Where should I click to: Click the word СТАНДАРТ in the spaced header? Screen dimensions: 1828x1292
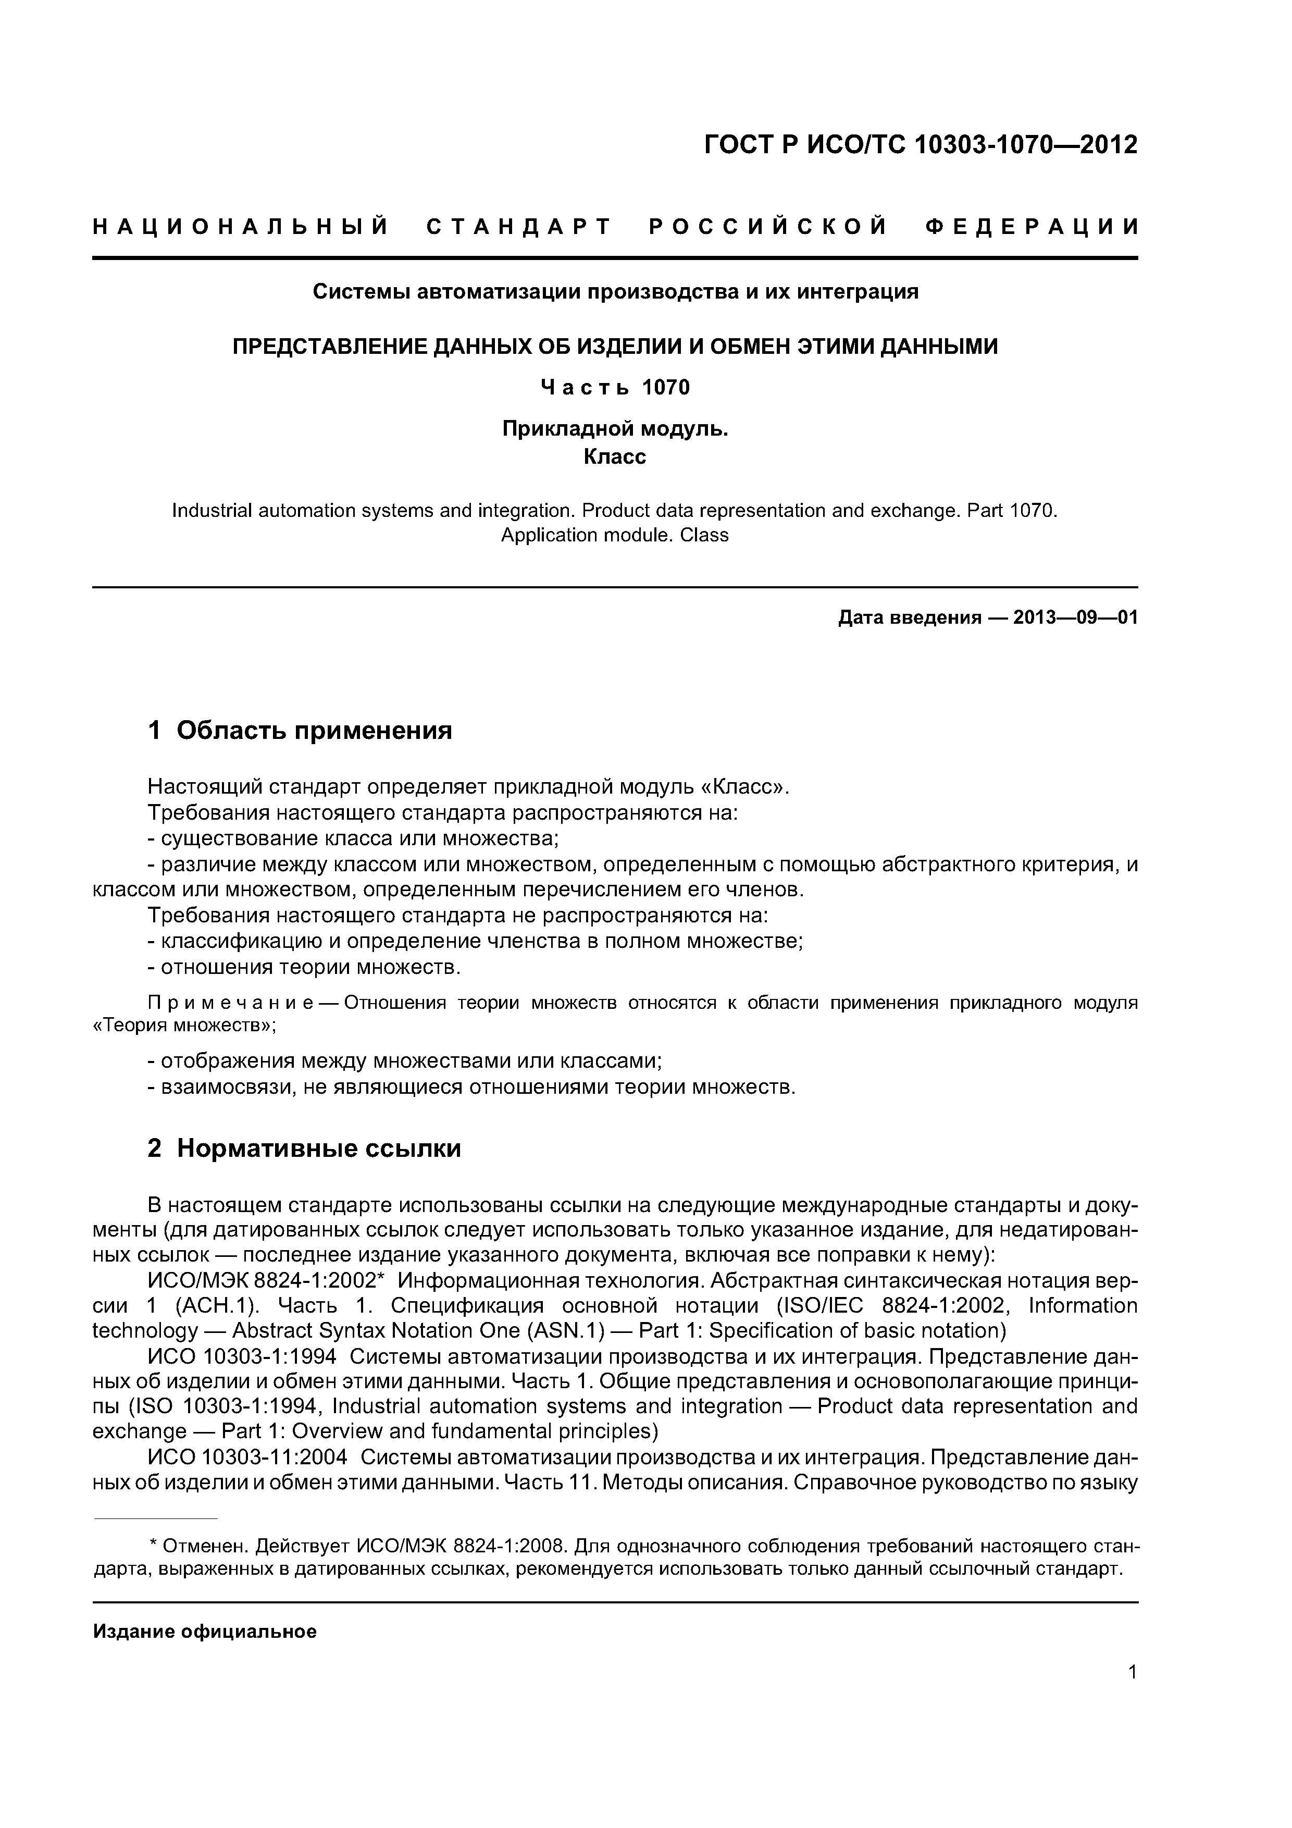point(519,228)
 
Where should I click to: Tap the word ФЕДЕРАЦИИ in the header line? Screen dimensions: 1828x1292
point(1032,228)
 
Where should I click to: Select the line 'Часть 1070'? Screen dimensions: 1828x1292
point(615,388)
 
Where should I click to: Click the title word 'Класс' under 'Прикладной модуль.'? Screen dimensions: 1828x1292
point(615,457)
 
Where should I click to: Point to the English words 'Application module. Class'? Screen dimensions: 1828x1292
point(615,535)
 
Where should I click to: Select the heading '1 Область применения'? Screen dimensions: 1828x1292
point(300,730)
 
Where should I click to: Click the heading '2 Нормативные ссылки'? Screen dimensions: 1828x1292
point(304,1149)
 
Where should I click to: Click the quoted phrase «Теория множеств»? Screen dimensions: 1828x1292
point(184,1026)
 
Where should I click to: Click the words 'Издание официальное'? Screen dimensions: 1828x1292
point(205,1632)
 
